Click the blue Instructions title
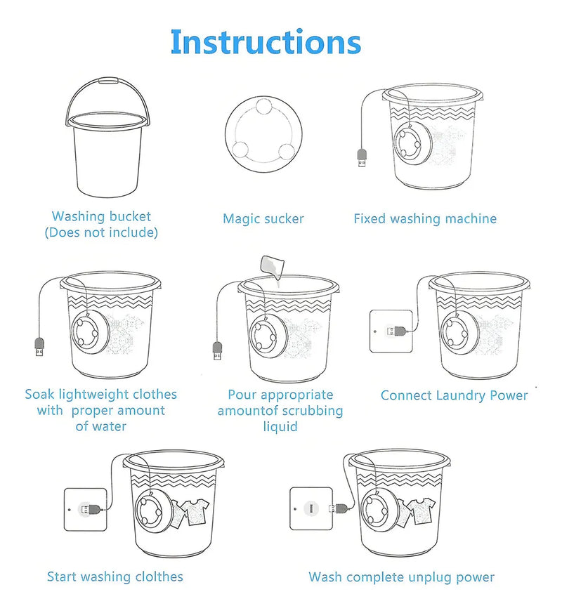(266, 41)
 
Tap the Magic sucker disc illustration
(263, 133)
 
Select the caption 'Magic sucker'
(263, 218)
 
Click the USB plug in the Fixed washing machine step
(362, 158)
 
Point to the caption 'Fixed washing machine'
(425, 218)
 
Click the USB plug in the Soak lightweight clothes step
(39, 347)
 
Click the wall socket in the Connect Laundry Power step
(391, 331)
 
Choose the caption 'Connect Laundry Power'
(454, 395)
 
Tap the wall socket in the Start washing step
(85, 509)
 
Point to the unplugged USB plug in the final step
(339, 508)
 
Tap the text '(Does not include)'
(101, 232)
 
